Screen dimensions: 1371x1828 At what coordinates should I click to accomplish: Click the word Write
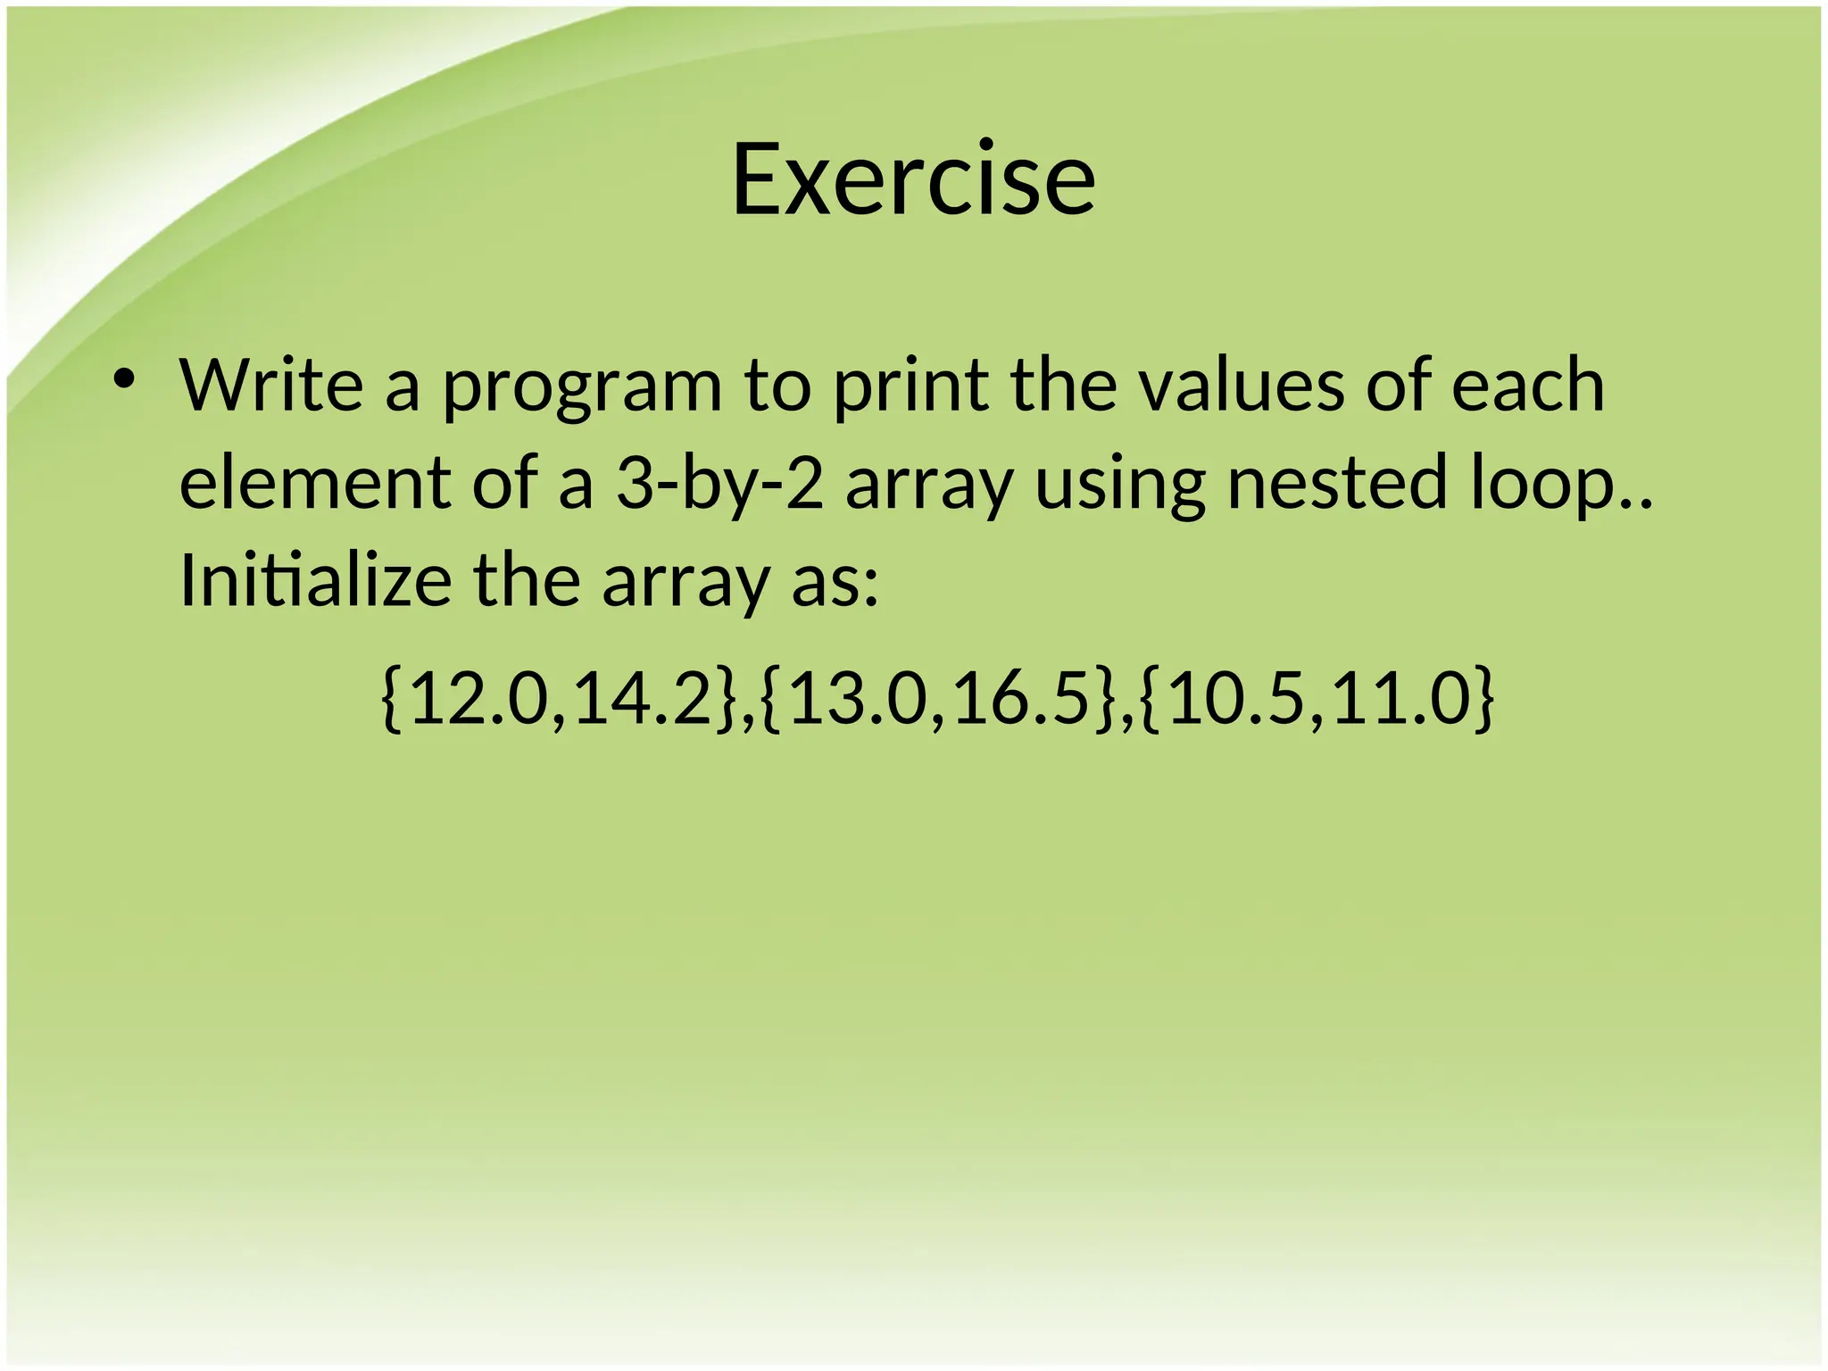click(x=271, y=385)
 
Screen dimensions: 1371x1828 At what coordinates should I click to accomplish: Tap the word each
click(x=1527, y=385)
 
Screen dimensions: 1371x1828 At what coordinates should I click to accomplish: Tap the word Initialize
click(x=315, y=581)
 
